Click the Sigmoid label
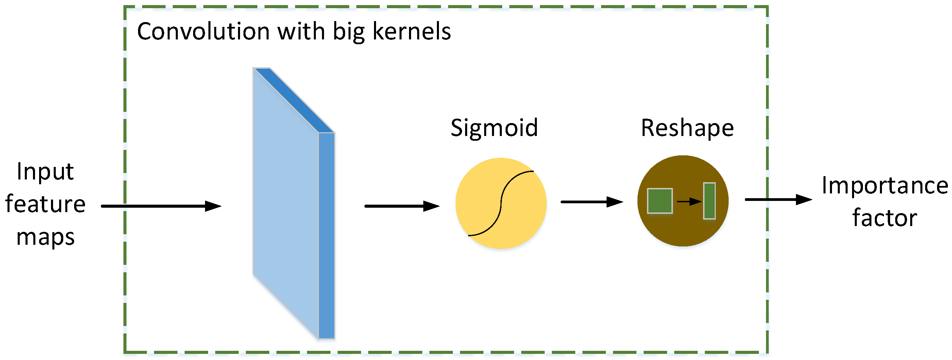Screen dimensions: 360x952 click(494, 128)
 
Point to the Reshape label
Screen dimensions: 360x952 click(687, 128)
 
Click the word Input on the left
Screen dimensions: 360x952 click(45, 172)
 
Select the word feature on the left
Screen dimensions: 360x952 click(45, 204)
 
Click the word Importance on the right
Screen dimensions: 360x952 click(885, 186)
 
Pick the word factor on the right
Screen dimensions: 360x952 click(885, 218)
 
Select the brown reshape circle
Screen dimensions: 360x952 click(683, 229)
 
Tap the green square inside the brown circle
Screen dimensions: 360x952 click(660, 201)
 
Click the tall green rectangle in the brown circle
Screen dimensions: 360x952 click(709, 201)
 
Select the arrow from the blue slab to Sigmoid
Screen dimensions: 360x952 click(402, 206)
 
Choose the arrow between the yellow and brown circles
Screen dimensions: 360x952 click(592, 202)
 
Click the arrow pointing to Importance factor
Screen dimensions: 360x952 click(778, 200)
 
